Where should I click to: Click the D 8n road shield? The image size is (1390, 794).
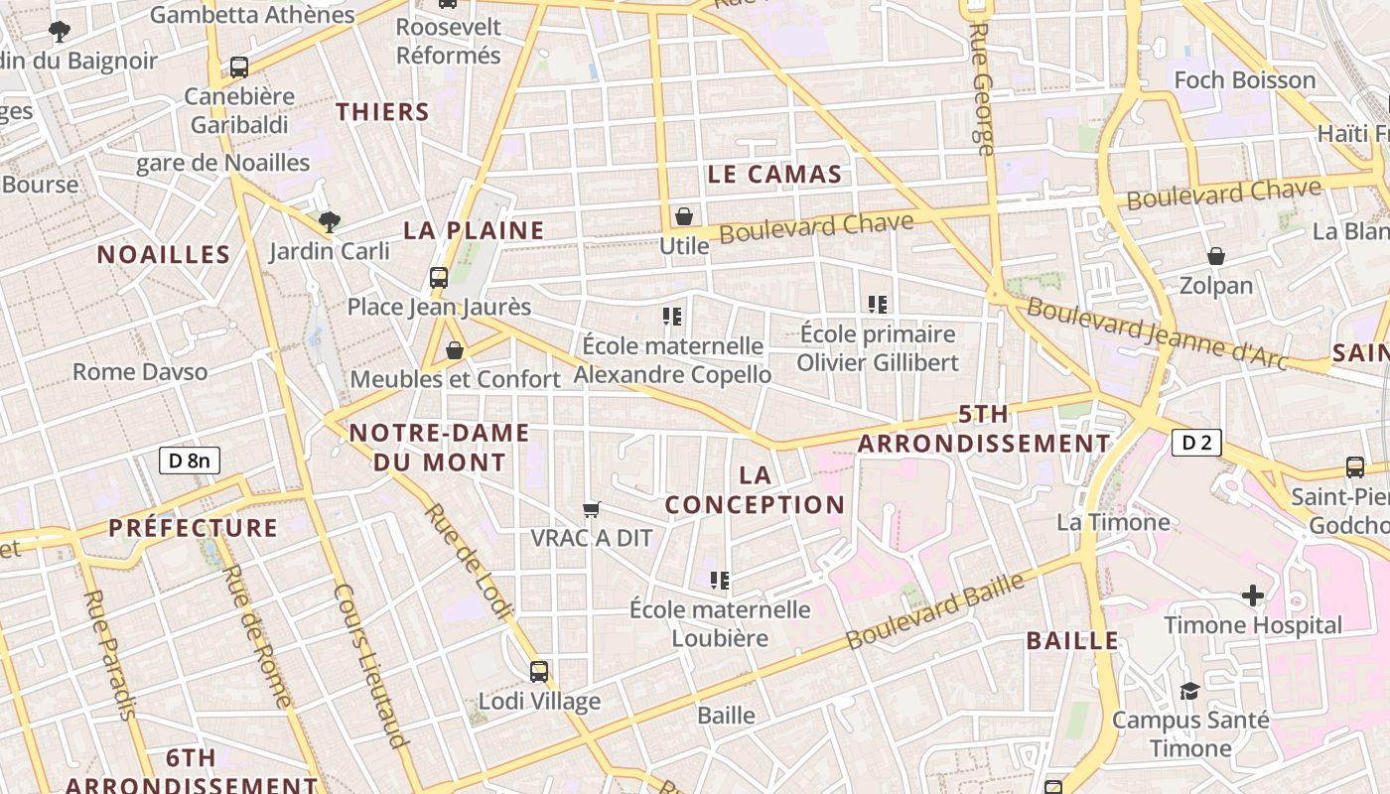190,460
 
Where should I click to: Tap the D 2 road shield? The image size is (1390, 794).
1196,443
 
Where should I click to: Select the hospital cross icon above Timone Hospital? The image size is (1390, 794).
1253,595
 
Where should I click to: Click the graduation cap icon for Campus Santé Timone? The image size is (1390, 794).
1188,691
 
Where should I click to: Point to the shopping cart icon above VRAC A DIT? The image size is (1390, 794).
592,509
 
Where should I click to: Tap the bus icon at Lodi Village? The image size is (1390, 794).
539,672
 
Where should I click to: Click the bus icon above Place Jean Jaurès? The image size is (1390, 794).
439,278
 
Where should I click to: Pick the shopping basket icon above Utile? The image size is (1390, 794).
684,215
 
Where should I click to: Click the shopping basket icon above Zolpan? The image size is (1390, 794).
1216,256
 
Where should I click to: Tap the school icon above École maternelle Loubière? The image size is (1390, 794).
720,580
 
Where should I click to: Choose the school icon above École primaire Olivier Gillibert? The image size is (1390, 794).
877,304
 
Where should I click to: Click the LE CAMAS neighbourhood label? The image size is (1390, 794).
774,175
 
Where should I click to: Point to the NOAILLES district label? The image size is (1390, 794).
164,255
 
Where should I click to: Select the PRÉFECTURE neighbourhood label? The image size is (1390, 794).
194,528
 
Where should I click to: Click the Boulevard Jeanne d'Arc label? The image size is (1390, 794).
1157,334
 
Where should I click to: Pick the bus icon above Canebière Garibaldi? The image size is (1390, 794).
239,67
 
